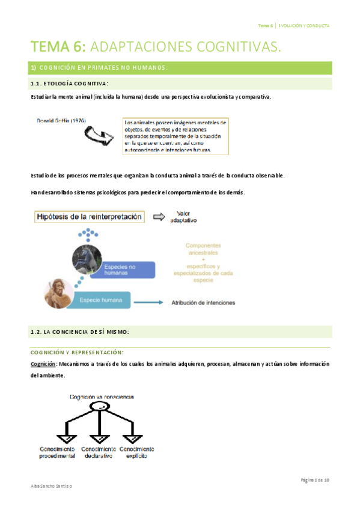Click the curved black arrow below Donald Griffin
tap(100, 137)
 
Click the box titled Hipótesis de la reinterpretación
tap(90, 217)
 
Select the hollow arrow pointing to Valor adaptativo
tap(160, 217)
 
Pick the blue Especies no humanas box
tap(127, 269)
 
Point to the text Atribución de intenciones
tap(203, 303)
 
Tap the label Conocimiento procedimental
tap(57, 453)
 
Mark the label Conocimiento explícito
tap(136, 453)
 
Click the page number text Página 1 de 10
tap(315, 480)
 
